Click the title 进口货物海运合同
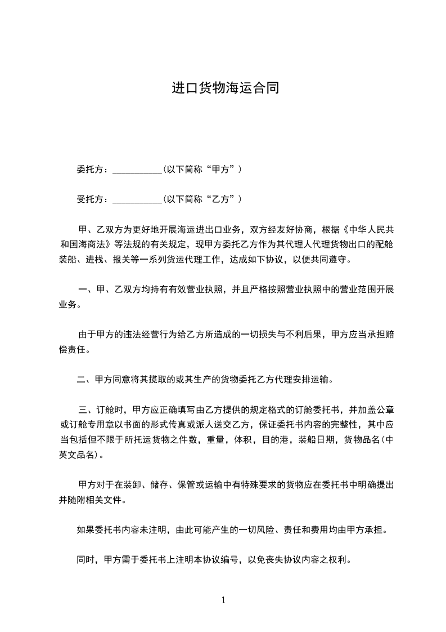tap(225, 88)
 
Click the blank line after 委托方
tap(137, 169)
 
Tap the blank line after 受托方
tap(137, 199)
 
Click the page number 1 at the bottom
tap(223, 600)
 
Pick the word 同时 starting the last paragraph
tap(85, 560)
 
